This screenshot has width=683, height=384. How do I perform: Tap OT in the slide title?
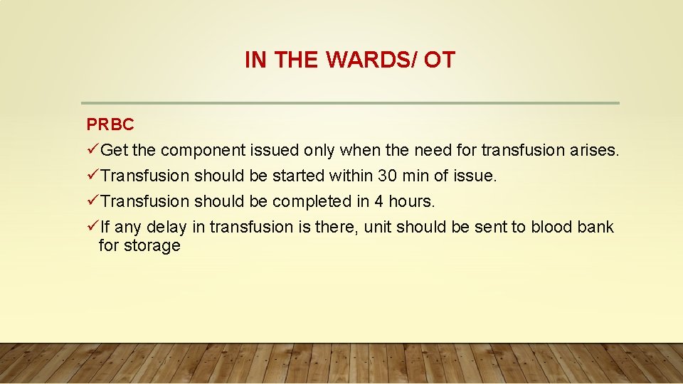439,60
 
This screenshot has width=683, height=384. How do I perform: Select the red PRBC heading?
110,124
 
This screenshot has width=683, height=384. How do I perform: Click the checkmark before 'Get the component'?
92,150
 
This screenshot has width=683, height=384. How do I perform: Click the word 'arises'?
595,150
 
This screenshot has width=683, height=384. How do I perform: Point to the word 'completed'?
312,201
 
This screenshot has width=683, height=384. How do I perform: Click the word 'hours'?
411,201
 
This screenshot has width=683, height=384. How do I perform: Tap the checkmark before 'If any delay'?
92,227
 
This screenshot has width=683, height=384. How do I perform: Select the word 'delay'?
165,228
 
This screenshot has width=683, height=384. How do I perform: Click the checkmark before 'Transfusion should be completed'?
92,201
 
